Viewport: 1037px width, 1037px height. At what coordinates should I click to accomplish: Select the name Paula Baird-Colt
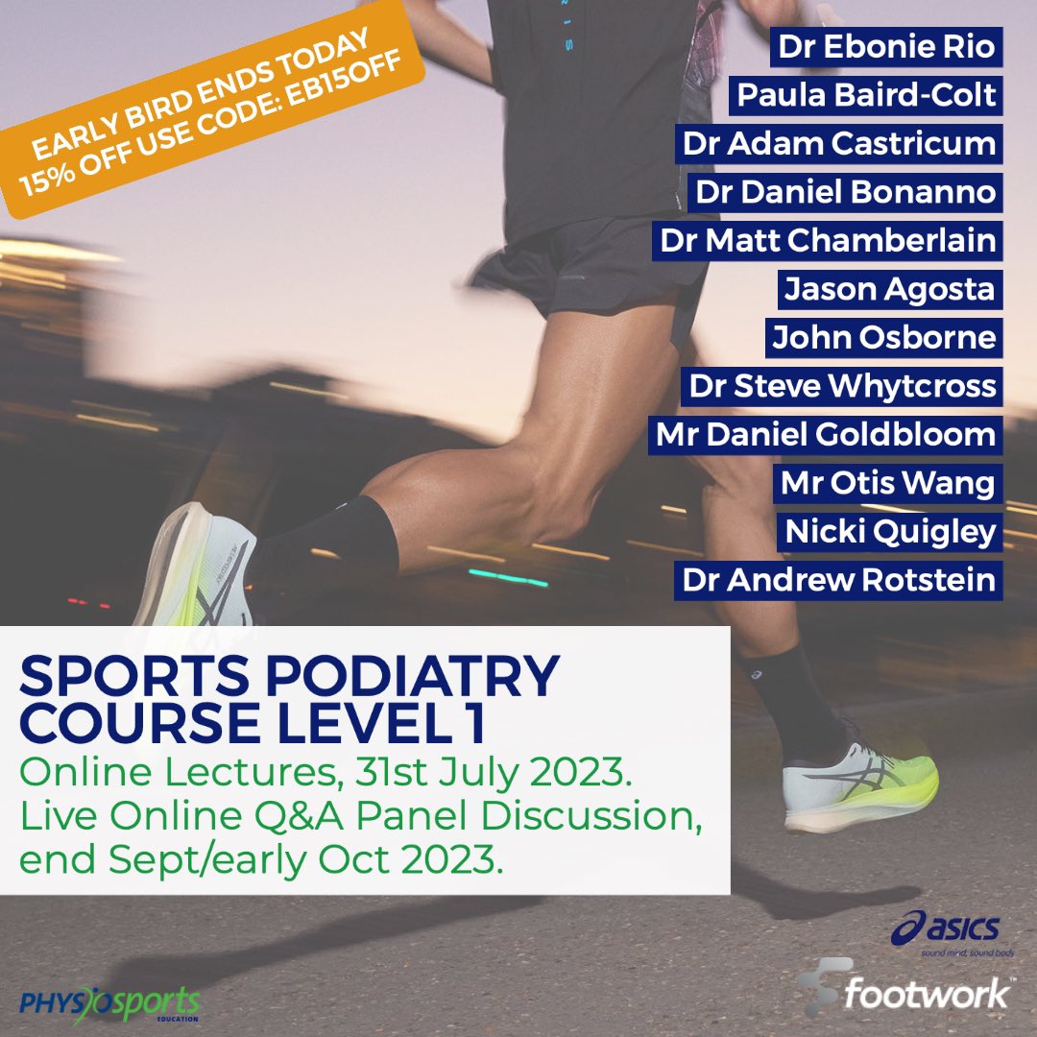pyautogui.click(x=865, y=96)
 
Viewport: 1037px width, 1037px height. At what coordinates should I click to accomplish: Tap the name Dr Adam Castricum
pyautogui.click(x=838, y=144)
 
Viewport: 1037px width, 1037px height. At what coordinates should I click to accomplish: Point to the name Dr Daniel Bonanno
pyautogui.click(x=845, y=192)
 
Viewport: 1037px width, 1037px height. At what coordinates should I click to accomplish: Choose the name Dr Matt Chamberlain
pyautogui.click(x=827, y=240)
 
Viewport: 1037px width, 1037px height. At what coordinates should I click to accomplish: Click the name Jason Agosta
pyautogui.click(x=889, y=289)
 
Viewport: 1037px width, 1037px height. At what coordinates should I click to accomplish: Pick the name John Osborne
pyautogui.click(x=884, y=337)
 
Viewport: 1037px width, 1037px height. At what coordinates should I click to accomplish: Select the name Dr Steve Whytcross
pyautogui.click(x=842, y=386)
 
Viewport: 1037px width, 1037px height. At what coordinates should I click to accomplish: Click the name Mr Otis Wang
pyautogui.click(x=887, y=483)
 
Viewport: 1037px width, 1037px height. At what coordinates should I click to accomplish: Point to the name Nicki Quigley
pyautogui.click(x=890, y=531)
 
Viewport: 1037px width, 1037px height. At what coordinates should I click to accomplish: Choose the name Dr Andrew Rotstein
pyautogui.click(x=838, y=580)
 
